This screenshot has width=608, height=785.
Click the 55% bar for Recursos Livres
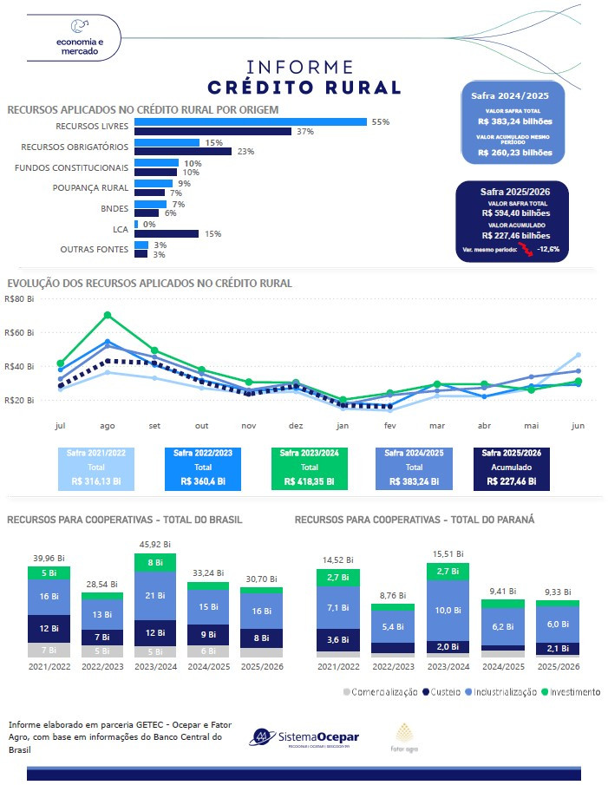click(250, 122)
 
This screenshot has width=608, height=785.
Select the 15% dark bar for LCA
click(167, 233)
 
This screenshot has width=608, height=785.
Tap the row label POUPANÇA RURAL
click(90, 187)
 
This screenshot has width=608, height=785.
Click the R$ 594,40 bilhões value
click(516, 212)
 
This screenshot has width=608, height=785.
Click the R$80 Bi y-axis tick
click(19, 299)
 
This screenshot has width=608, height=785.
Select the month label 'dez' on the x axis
click(295, 426)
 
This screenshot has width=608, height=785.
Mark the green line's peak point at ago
click(108, 315)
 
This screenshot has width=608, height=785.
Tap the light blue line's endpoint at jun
click(577, 355)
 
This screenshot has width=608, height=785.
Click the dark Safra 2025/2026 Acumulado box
click(511, 467)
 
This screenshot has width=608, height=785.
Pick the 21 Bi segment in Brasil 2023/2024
click(154, 595)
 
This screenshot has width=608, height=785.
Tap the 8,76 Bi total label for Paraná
click(392, 596)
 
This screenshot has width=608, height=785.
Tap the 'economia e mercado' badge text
click(79, 47)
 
